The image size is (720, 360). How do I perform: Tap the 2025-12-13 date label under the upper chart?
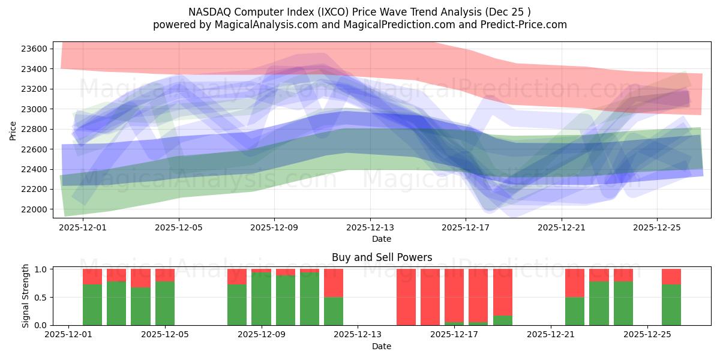pyautogui.click(x=370, y=228)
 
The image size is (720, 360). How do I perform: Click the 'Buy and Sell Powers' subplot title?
pyautogui.click(x=382, y=257)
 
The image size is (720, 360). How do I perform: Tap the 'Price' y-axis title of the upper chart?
pyautogui.click(x=13, y=130)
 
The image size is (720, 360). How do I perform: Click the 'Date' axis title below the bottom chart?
pyautogui.click(x=382, y=346)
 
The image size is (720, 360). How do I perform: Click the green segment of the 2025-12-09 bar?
pyautogui.click(x=261, y=299)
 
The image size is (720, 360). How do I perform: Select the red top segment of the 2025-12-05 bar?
pyautogui.click(x=165, y=275)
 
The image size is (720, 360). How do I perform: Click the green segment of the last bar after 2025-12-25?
pyautogui.click(x=671, y=305)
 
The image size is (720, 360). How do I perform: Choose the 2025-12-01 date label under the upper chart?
pyautogui.click(x=83, y=228)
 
